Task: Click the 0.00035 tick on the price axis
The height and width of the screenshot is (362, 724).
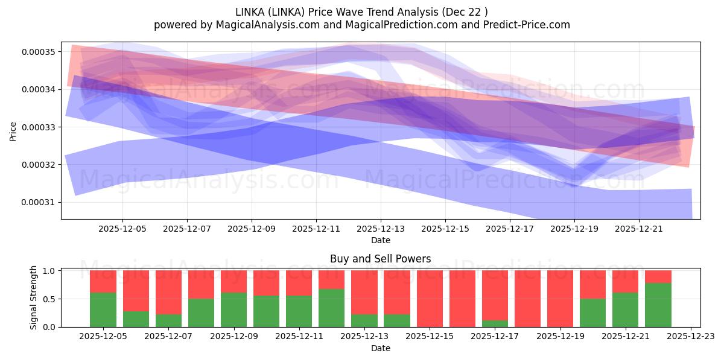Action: pos(38,52)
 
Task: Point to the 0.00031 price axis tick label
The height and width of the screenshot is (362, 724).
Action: pos(38,202)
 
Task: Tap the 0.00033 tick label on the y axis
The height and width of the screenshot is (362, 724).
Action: pos(38,127)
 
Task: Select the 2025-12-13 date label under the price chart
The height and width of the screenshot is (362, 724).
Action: pos(381,229)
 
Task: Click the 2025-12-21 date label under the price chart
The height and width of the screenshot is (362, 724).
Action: pos(639,229)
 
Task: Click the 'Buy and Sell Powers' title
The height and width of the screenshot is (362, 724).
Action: pos(380,259)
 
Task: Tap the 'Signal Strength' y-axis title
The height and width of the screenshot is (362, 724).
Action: pos(34,297)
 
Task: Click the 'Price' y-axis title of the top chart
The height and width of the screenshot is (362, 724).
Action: pos(13,130)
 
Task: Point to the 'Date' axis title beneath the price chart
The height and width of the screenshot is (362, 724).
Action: pos(380,240)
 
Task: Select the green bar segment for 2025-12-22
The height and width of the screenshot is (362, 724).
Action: pos(658,305)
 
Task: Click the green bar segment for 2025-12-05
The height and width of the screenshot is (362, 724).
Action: pos(103,310)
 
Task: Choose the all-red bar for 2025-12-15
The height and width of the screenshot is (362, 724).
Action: pos(430,299)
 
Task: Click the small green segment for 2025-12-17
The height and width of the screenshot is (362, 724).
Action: pos(495,324)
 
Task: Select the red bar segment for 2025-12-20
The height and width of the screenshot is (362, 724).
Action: pos(592,284)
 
